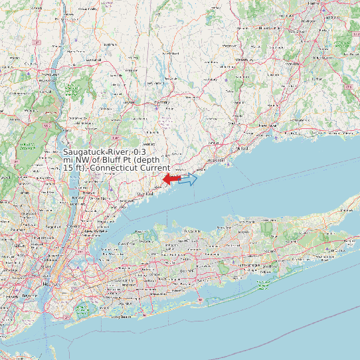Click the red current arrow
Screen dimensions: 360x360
171,179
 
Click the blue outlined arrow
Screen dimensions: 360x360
189,179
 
